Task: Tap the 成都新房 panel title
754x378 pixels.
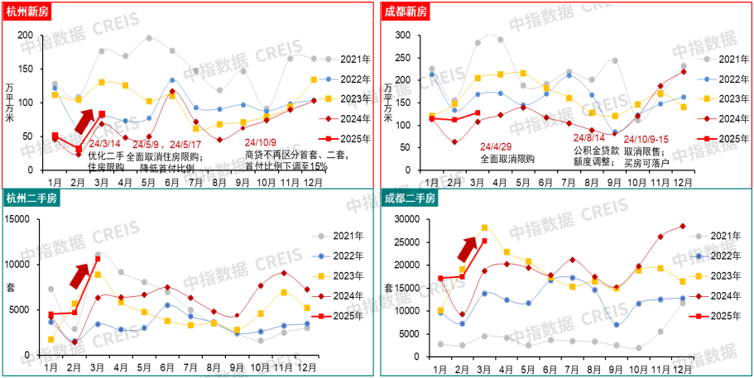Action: [x=406, y=11]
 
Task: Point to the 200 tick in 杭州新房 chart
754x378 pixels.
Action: [x=25, y=36]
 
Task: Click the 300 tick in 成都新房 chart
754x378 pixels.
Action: [x=401, y=36]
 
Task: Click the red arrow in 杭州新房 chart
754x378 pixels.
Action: [x=84, y=119]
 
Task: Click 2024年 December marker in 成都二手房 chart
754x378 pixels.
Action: [x=683, y=226]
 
